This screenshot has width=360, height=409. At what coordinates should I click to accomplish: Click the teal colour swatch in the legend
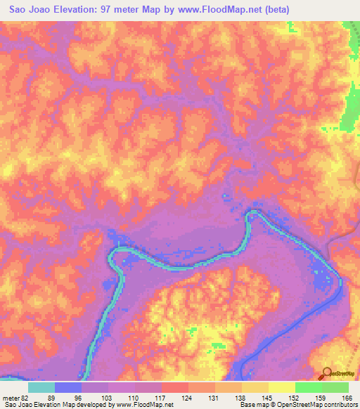pyautogui.click(x=41, y=387)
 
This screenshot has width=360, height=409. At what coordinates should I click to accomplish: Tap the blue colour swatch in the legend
pyautogui.click(x=68, y=387)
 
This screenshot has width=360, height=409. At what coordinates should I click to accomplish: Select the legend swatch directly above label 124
pyautogui.click(x=175, y=387)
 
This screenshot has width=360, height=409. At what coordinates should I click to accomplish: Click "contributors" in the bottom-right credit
pyautogui.click(x=339, y=405)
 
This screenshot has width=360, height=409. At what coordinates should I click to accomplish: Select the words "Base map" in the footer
pyautogui.click(x=252, y=405)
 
